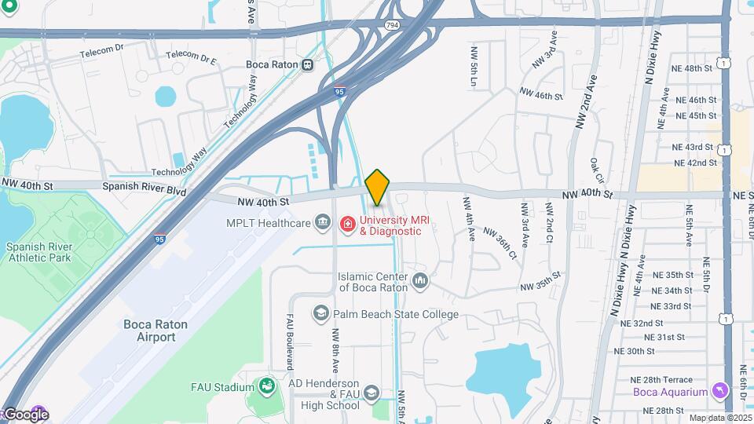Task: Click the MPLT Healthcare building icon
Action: [x=322, y=224]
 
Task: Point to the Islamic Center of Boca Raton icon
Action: [x=420, y=280]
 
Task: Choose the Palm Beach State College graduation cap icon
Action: [x=320, y=314]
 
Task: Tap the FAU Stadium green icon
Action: [x=266, y=386]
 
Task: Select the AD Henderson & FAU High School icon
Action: [x=372, y=393]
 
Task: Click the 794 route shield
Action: [x=391, y=26]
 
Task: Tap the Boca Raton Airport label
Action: [x=150, y=330]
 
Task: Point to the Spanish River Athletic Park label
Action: [x=38, y=251]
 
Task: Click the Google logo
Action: [x=25, y=415]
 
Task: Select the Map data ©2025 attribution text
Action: [x=719, y=418]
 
